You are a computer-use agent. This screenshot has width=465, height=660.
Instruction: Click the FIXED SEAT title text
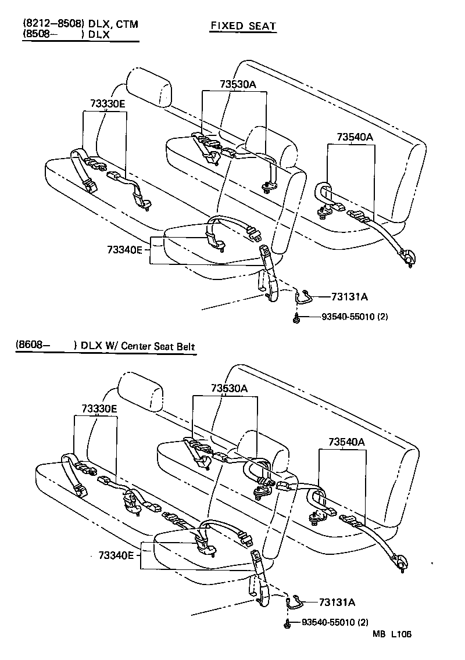pyautogui.click(x=243, y=26)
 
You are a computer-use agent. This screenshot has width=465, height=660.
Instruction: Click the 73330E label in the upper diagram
pyautogui.click(x=108, y=103)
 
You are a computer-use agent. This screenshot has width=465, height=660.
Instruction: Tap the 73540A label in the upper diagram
pyautogui.click(x=354, y=137)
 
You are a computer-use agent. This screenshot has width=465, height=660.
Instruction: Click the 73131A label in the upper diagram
pyautogui.click(x=349, y=297)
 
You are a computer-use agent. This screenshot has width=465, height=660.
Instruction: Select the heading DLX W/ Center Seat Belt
pyautogui.click(x=138, y=347)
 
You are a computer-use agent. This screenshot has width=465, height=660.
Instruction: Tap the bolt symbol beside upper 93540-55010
pyautogui.click(x=297, y=317)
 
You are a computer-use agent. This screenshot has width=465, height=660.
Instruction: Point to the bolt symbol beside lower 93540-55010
pyautogui.click(x=287, y=623)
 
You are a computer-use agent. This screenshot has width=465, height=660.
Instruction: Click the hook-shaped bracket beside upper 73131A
pyautogui.click(x=303, y=297)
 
